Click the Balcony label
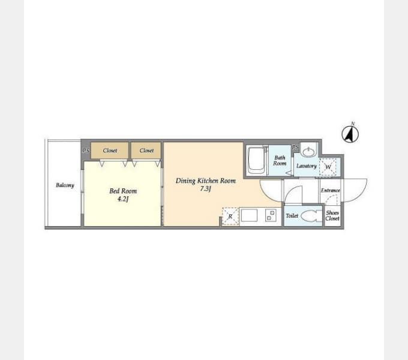coord(65,185)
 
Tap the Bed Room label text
coord(123,191)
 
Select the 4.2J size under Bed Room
coord(123,199)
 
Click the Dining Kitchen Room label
coord(206,181)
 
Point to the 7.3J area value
coord(206,188)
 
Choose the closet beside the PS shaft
coord(110,151)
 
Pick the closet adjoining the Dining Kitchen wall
coord(146,151)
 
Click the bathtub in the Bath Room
coord(256,161)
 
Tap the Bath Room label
coord(280,160)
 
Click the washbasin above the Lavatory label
coord(308,151)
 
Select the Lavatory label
coord(307,166)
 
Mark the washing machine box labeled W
coord(328,167)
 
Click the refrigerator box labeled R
coord(230,216)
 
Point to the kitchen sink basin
coord(249,215)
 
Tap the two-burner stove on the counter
coord(271,215)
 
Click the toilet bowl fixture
coord(311,216)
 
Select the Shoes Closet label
coord(332,215)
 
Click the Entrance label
coord(330,190)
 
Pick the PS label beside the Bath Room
coord(295,148)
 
